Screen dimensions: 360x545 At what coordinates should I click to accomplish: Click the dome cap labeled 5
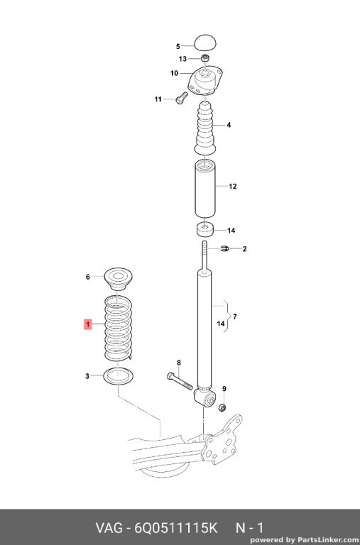point(205,43)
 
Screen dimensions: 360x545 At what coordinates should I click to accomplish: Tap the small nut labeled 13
point(205,58)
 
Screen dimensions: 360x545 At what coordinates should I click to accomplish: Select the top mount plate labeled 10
point(205,82)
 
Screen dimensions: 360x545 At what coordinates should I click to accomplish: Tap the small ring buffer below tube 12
point(205,229)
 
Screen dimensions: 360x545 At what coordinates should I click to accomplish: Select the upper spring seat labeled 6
point(119,280)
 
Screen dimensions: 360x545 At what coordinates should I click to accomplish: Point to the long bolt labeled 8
point(180,381)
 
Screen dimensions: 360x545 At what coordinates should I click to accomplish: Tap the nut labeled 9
point(222,407)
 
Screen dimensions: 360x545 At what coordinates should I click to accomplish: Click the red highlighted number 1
point(88,324)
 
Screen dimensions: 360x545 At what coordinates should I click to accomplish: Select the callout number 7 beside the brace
point(235,316)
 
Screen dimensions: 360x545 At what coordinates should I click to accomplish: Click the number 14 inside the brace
point(221,324)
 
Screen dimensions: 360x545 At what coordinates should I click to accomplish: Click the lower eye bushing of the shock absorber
point(205,398)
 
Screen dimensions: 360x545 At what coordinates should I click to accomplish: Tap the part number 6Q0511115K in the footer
point(175,528)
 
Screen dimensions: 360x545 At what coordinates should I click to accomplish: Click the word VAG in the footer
point(109,528)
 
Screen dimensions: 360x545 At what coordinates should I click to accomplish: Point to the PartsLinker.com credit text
point(305,540)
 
